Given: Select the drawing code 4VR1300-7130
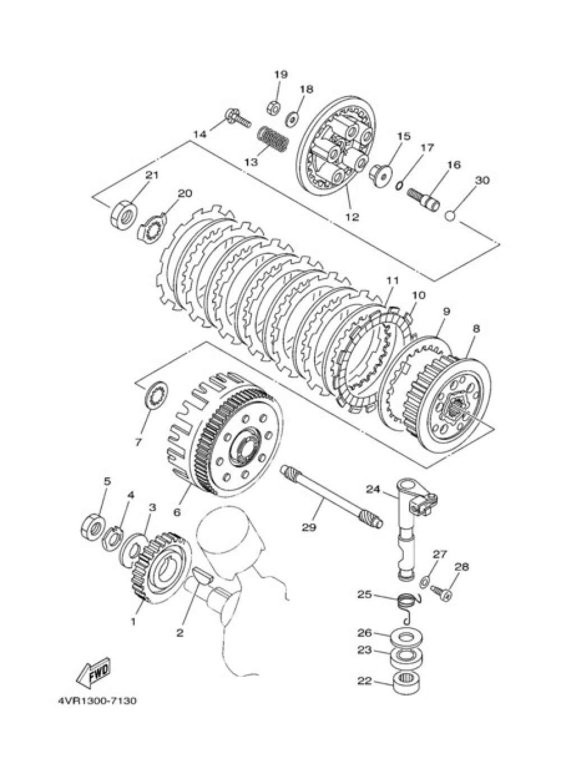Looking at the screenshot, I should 95,701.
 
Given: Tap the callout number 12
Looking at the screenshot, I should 352,217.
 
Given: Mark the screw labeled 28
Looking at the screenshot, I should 442,593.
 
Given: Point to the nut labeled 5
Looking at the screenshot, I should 93,525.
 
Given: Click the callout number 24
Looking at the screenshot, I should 373,489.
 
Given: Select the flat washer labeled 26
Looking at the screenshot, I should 411,638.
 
